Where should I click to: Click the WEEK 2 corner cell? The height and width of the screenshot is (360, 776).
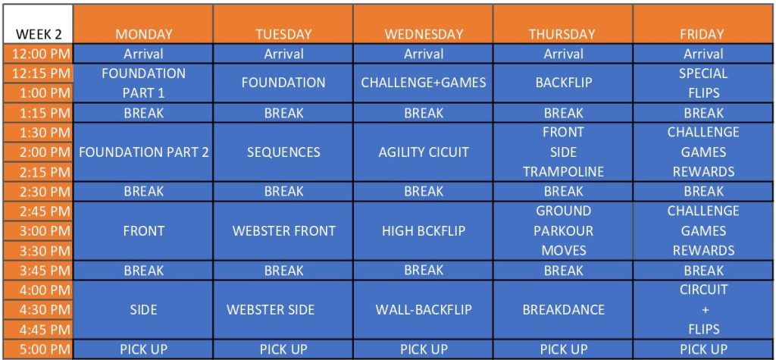click(x=38, y=23)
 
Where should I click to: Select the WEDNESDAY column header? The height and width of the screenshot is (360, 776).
click(x=424, y=23)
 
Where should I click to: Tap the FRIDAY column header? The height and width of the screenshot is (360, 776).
click(x=703, y=23)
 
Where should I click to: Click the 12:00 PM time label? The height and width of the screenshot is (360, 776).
click(x=38, y=54)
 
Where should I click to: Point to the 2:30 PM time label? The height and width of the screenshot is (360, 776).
click(x=38, y=191)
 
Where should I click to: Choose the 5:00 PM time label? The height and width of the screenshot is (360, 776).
click(x=38, y=349)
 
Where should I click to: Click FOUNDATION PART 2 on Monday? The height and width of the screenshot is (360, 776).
click(x=143, y=152)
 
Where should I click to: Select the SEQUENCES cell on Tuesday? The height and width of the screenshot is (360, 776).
click(x=283, y=152)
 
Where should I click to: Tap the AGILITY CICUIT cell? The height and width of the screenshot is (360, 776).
click(x=424, y=152)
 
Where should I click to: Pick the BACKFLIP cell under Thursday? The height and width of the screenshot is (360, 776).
click(x=564, y=83)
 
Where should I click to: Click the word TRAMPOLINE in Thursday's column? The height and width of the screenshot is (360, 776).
click(x=564, y=171)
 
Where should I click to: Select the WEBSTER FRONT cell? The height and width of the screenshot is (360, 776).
click(x=283, y=230)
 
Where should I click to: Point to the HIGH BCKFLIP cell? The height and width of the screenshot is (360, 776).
click(x=424, y=230)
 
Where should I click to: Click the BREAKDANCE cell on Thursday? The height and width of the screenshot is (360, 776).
click(x=564, y=309)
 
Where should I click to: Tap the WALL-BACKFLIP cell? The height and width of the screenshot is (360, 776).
click(x=424, y=309)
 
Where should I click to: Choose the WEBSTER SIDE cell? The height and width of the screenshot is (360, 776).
click(x=283, y=309)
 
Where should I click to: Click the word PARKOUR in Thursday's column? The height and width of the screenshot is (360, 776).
click(x=564, y=230)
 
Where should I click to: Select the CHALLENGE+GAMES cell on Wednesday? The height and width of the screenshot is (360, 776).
click(x=424, y=83)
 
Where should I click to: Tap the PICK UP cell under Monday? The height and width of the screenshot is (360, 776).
click(x=143, y=349)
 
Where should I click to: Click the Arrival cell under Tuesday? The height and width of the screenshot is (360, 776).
click(x=283, y=54)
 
